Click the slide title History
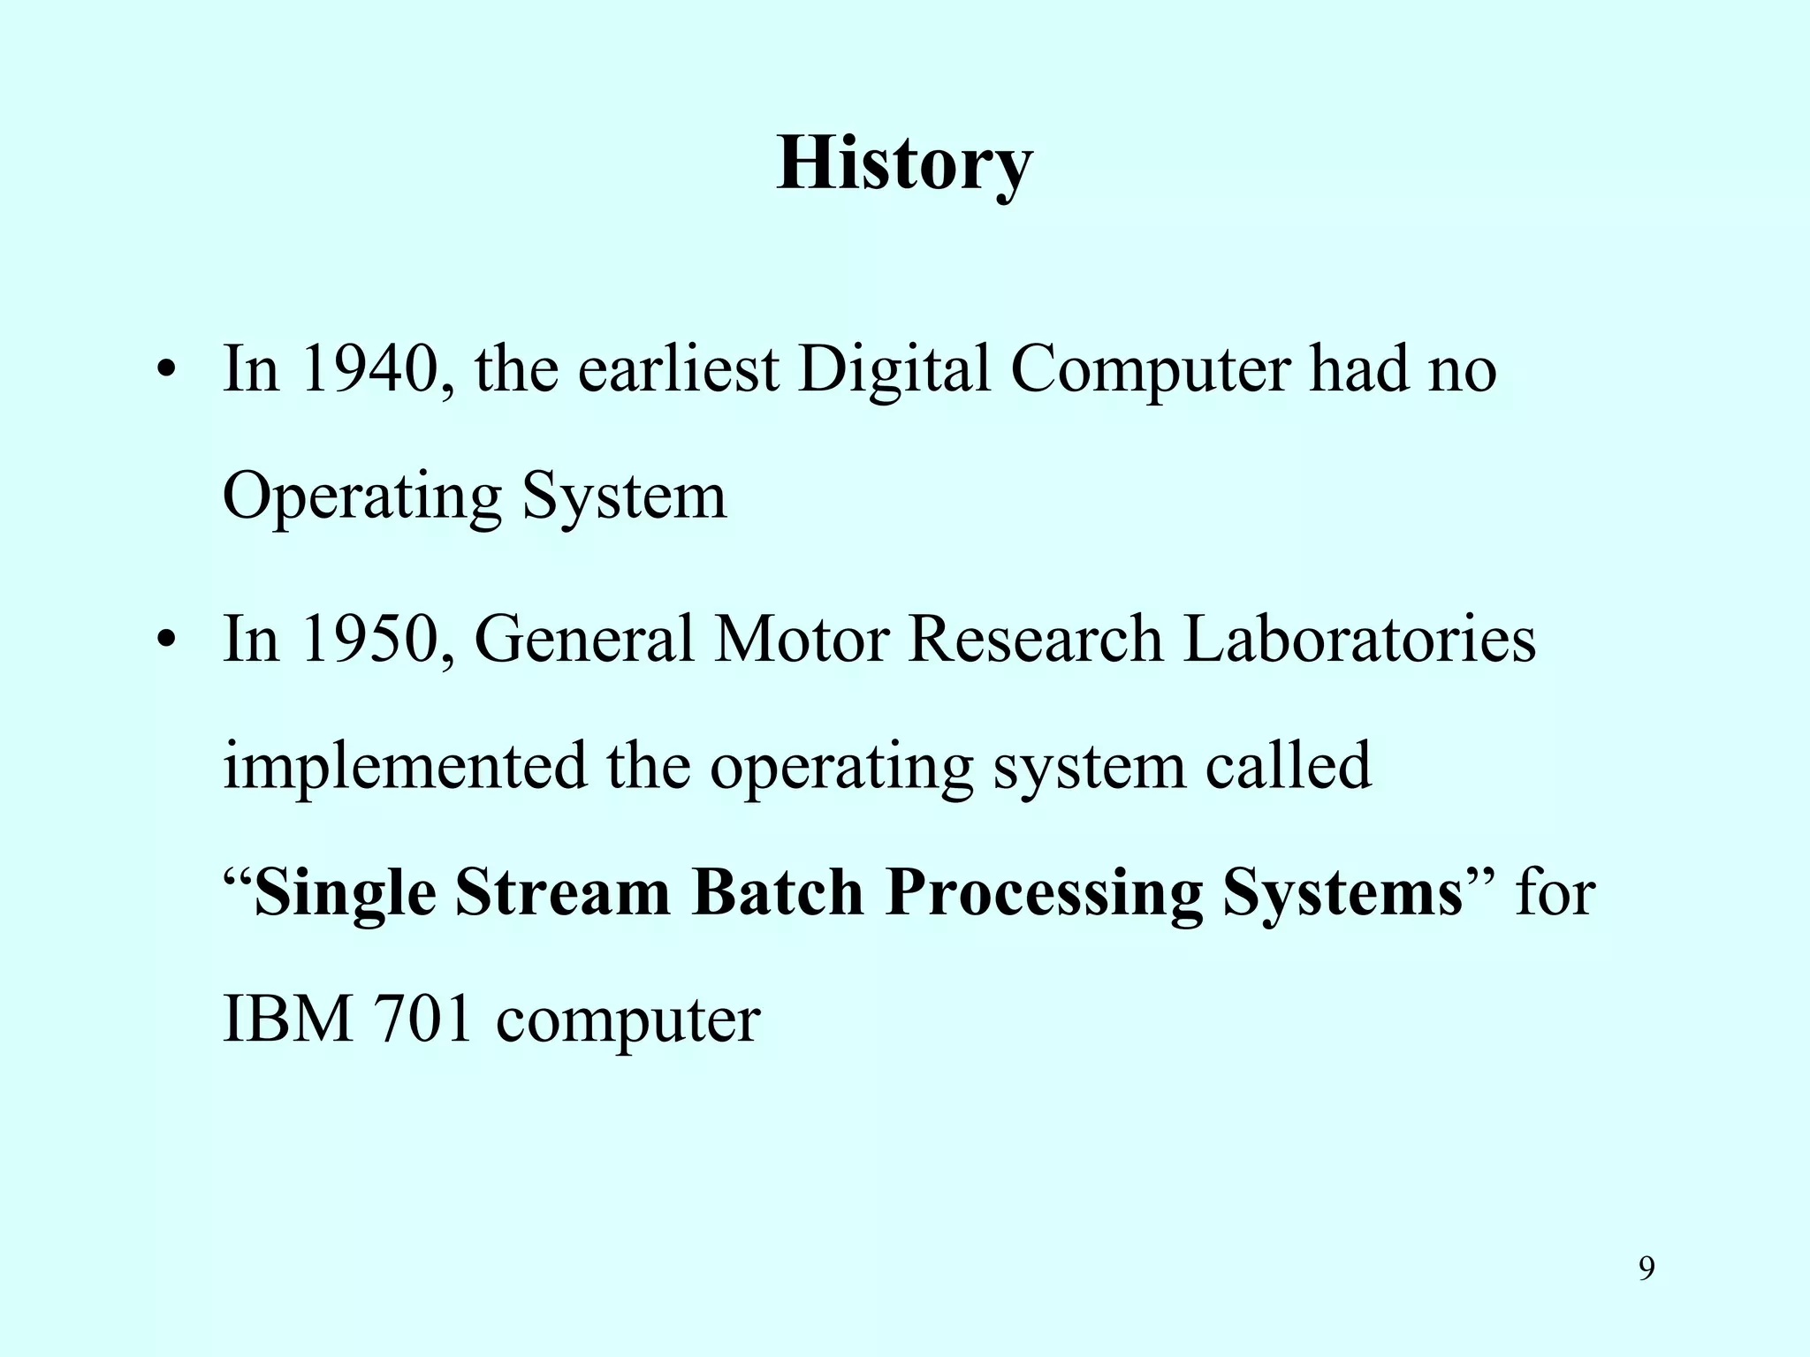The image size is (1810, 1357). coord(904,165)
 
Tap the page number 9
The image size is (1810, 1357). coord(1646,1269)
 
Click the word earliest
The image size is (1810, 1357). coord(678,369)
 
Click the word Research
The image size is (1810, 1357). coord(1035,639)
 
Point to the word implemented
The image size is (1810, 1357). coord(405,767)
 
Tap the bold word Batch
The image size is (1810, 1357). coord(778,893)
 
